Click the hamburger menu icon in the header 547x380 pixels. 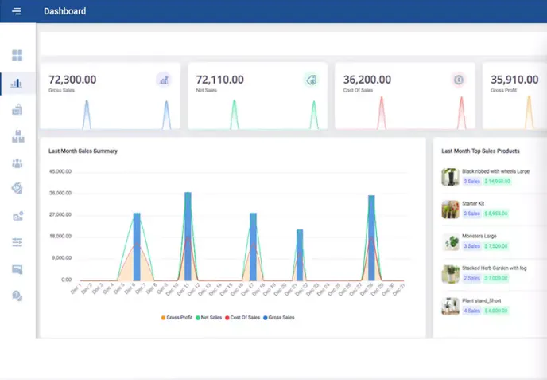pos(17,11)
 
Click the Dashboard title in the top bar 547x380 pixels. pos(65,11)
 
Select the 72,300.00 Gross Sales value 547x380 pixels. pos(72,80)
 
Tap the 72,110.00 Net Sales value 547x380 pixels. pos(219,80)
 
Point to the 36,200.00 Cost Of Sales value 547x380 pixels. pos(367,80)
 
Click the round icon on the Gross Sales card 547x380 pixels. pos(164,80)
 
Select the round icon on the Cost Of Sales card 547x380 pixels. pos(458,80)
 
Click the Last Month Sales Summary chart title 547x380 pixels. pos(83,151)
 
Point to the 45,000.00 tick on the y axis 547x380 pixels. pos(60,171)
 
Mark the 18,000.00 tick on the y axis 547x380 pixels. pos(60,237)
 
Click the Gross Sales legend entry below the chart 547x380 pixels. pos(277,317)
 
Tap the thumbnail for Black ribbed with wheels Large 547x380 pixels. pos(450,177)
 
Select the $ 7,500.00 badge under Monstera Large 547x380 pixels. pos(495,246)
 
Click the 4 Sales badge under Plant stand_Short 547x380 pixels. pos(471,311)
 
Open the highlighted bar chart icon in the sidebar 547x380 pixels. pos(17,82)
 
